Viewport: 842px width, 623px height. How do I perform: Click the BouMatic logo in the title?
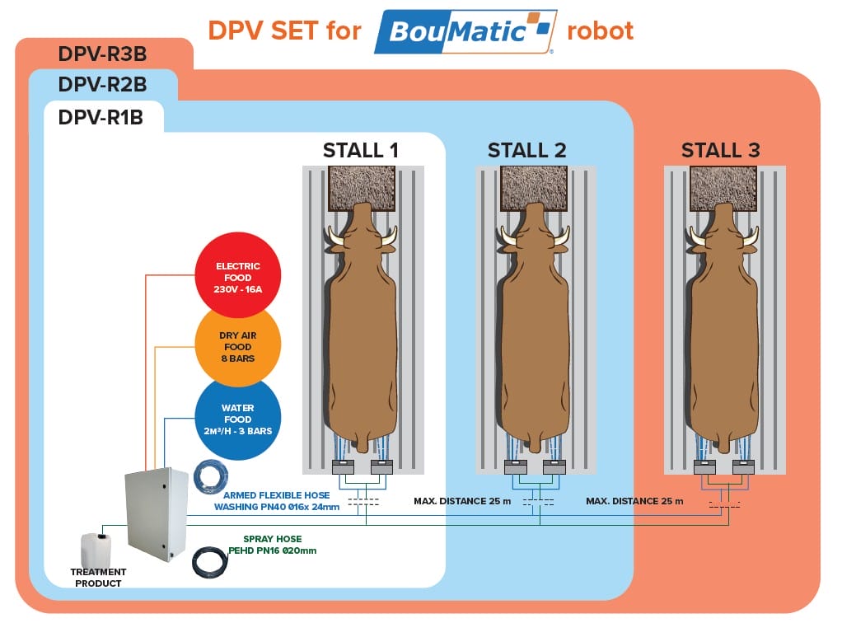pos(465,32)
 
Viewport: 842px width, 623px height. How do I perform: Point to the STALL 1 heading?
pos(361,150)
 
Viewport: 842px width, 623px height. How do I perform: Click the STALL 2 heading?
pos(527,150)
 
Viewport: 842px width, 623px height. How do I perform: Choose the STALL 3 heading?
pos(720,150)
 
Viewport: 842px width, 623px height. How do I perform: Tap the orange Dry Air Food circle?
pos(237,346)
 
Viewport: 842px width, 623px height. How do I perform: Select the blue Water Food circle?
pos(237,419)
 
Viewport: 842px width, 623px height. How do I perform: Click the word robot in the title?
pos(601,32)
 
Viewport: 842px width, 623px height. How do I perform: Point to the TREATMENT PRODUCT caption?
pos(98,578)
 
